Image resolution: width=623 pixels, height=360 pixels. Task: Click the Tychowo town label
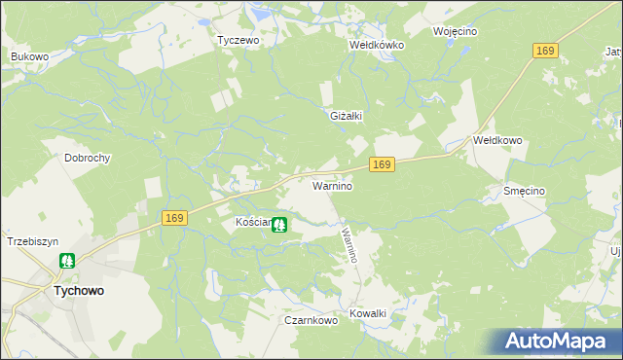[x=79, y=290]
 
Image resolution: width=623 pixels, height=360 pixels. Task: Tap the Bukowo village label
[x=29, y=57]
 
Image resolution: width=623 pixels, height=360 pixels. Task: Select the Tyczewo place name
[x=238, y=41]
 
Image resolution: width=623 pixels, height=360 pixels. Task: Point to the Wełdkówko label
[x=377, y=45]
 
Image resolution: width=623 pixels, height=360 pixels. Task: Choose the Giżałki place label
[x=347, y=116]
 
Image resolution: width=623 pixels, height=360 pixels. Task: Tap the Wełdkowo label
[x=497, y=140]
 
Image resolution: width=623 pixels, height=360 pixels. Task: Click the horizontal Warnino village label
[x=331, y=184]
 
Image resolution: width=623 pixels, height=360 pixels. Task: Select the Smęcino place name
[x=523, y=192]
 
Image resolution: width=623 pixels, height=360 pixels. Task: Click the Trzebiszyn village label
[x=33, y=241]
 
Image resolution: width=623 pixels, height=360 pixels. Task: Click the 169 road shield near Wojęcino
[x=545, y=51]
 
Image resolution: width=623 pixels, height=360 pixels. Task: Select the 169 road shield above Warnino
[x=382, y=166]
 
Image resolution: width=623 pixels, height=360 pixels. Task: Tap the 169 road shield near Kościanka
[x=174, y=220]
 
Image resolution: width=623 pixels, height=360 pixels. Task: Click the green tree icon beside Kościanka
[x=279, y=225]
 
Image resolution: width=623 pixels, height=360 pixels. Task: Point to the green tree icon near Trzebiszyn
[x=67, y=261]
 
